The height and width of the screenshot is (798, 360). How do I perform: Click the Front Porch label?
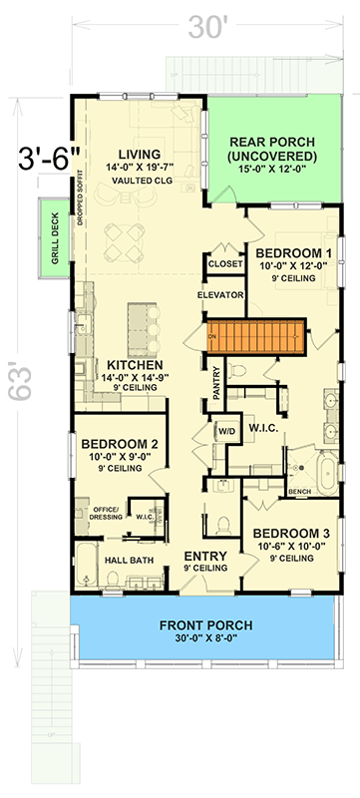point(204,626)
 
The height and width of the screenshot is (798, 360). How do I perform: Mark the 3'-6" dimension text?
point(43,159)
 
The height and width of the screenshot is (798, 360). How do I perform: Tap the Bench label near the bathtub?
point(298,492)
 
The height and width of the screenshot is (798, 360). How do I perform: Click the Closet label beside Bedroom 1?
point(221,263)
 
